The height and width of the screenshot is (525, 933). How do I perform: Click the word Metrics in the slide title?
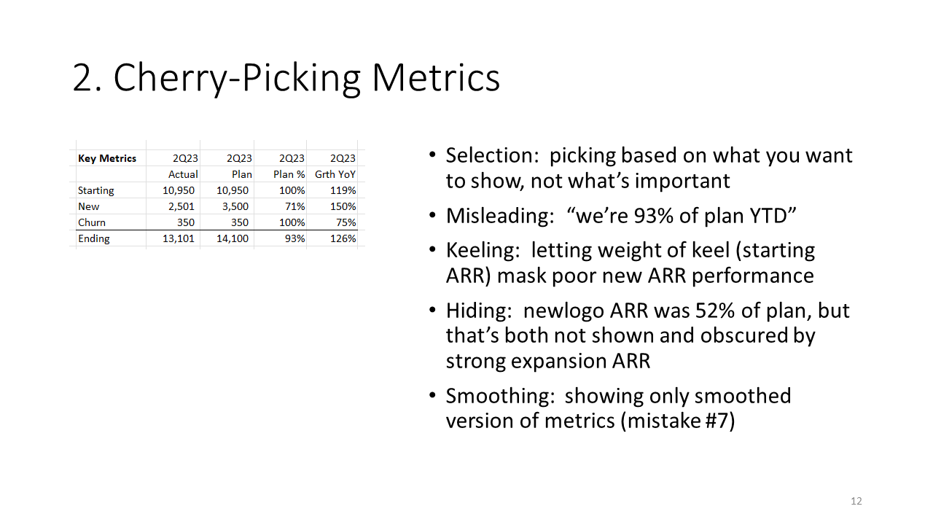(436, 78)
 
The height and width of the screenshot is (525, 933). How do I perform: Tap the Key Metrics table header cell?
(107, 158)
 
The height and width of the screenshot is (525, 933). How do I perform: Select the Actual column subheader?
(183, 174)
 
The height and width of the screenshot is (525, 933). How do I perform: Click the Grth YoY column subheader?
(335, 174)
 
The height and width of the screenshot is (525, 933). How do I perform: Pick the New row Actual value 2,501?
(181, 206)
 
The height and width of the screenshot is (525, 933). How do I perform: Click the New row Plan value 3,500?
(235, 206)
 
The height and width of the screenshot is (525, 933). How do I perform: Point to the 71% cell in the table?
(295, 206)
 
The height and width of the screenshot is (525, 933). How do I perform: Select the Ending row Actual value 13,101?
(179, 238)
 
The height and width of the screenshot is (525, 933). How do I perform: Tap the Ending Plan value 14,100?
(233, 238)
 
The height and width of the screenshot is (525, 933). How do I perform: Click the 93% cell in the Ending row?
(295, 238)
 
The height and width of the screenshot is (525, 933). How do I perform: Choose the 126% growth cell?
(343, 238)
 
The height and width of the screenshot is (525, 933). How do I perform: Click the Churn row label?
(92, 222)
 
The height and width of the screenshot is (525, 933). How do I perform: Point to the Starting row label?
(95, 190)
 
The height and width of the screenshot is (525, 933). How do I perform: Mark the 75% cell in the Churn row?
(346, 222)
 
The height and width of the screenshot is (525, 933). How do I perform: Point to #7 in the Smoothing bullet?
(717, 421)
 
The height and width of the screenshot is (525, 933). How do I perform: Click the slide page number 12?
(856, 501)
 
